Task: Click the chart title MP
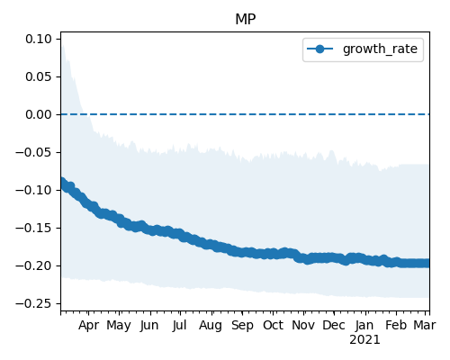tap(246, 20)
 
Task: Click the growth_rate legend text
tap(380, 49)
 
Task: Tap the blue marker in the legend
tap(319, 49)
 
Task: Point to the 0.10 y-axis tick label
tap(39, 39)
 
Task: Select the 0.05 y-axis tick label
tap(39, 76)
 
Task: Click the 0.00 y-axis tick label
tap(39, 114)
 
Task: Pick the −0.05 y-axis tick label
tap(33, 152)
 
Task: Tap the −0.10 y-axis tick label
tap(33, 190)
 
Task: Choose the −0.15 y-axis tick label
tap(33, 228)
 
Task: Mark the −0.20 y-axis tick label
tap(33, 265)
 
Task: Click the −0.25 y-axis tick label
tap(33, 303)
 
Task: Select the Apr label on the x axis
tap(88, 326)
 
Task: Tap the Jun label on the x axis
tap(149, 326)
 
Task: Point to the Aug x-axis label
tap(211, 326)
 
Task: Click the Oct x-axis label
tap(273, 326)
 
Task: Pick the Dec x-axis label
tap(334, 326)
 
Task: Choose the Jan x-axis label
tap(364, 326)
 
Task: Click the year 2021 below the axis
tap(364, 340)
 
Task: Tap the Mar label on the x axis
tap(425, 326)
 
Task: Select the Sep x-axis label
tap(242, 326)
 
